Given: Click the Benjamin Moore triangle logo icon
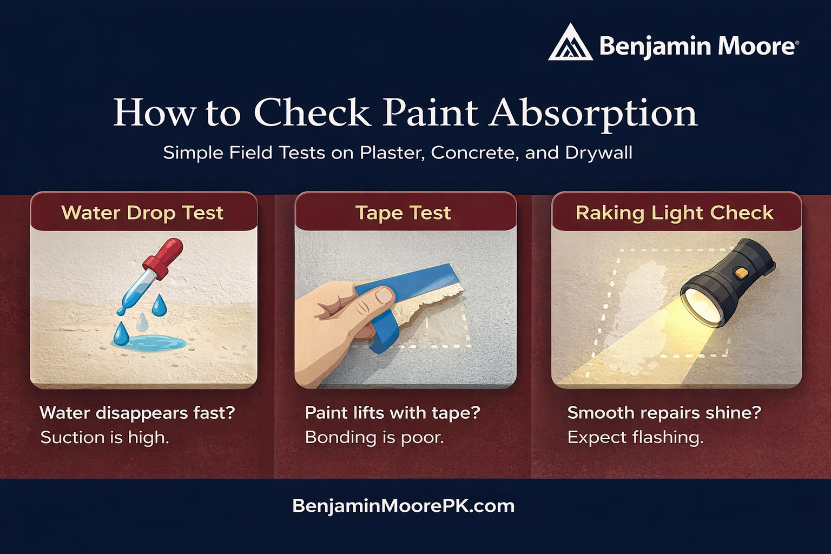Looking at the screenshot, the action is [x=570, y=43].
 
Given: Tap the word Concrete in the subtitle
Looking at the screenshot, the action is [x=474, y=153].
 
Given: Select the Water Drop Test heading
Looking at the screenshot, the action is [x=142, y=213].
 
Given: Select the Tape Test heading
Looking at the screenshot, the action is [x=403, y=213].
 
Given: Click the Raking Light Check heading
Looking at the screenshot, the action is [x=675, y=213].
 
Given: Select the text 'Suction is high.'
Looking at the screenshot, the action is [x=104, y=438].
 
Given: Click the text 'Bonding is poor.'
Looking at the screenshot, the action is [x=374, y=438].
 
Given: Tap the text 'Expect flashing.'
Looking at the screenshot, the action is [x=635, y=438].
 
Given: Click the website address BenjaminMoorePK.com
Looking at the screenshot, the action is [x=403, y=506].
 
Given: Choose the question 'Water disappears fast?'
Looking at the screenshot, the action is [x=137, y=413].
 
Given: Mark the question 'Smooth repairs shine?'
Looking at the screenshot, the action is [x=664, y=413].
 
